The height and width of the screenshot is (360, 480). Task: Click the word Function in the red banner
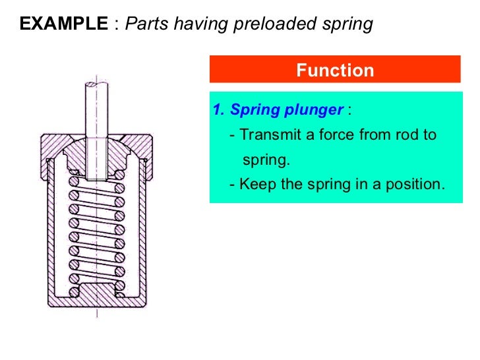pos(334,70)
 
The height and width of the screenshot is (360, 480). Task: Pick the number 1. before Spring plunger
pos(219,109)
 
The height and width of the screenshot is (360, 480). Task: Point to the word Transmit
pos(266,135)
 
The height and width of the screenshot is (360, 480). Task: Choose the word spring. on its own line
pos(266,160)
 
